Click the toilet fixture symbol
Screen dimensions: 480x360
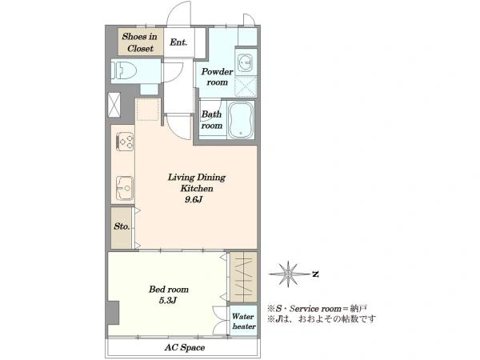point(124,70)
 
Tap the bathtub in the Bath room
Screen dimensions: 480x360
point(242,120)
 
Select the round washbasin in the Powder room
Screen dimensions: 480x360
point(246,63)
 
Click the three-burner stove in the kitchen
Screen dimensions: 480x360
point(126,141)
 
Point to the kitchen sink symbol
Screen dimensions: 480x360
point(125,188)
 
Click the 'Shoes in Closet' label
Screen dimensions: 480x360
point(139,42)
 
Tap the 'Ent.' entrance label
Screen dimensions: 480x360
point(178,42)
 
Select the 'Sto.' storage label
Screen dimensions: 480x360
point(122,226)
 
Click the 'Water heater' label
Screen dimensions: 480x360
point(244,321)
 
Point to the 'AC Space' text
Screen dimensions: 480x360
point(185,347)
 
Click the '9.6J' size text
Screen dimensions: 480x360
point(194,199)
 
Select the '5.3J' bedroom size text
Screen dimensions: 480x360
point(168,301)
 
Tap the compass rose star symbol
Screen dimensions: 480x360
point(288,274)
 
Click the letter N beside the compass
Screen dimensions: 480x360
point(315,274)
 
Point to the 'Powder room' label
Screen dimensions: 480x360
point(217,77)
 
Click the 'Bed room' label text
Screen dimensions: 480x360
point(169,290)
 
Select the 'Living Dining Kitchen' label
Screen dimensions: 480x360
point(197,182)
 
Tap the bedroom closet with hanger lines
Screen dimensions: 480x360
point(243,277)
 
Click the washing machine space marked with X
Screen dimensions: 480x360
point(246,87)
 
